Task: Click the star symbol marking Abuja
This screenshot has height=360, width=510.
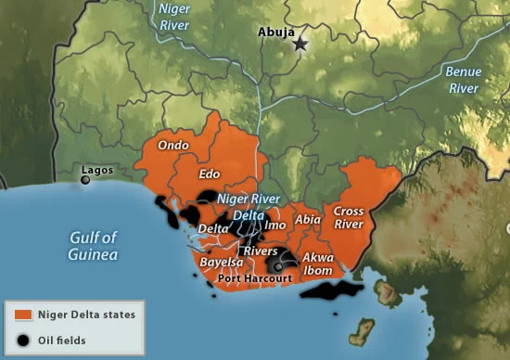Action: [x=300, y=44]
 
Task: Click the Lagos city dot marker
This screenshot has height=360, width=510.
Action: [x=85, y=181]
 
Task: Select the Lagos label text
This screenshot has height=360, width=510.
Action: [x=97, y=171]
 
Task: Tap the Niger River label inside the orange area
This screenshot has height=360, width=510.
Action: [x=248, y=199]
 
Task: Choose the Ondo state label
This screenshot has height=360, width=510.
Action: [x=173, y=146]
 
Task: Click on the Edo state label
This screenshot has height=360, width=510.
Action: [x=210, y=174]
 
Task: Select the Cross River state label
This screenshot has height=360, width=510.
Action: [x=349, y=217]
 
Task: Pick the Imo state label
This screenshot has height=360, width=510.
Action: [x=275, y=225]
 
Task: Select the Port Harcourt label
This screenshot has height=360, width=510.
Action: [x=254, y=277]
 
